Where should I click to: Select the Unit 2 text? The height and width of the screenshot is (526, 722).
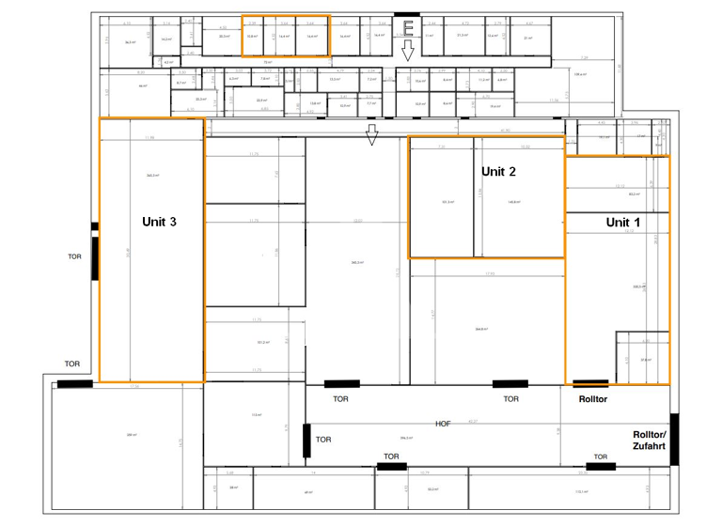[498, 172]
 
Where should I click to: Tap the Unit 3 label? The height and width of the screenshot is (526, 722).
[159, 222]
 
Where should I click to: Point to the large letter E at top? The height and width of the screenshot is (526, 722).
[408, 27]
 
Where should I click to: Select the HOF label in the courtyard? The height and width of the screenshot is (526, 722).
[443, 424]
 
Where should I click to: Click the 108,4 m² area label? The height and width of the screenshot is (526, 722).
[580, 74]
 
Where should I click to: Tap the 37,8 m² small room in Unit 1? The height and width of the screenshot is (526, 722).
[646, 359]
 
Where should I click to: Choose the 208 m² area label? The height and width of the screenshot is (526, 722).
[132, 435]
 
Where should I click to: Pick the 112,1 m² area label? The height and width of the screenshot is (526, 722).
[581, 491]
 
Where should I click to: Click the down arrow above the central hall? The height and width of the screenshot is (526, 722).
[371, 136]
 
